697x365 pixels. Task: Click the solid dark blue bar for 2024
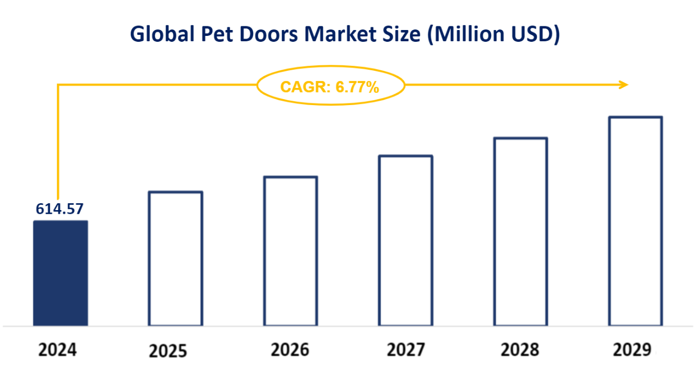[60, 273]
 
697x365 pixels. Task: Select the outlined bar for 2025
[175, 258]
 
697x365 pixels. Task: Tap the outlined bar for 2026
[291, 251]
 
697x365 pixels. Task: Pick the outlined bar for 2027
[405, 241]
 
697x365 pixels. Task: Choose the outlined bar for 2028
[521, 232]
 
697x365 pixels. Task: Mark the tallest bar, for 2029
[635, 221]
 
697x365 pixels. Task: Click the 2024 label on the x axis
[58, 351]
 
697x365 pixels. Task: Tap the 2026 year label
[290, 351]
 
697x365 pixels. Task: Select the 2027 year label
[405, 351]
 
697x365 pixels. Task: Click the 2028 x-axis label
[520, 351]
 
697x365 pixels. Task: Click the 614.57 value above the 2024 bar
[60, 209]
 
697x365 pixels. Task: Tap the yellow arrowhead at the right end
[623, 85]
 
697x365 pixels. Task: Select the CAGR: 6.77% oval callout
[330, 85]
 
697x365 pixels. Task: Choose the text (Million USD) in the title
[496, 35]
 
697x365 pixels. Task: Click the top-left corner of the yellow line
[58, 85]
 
